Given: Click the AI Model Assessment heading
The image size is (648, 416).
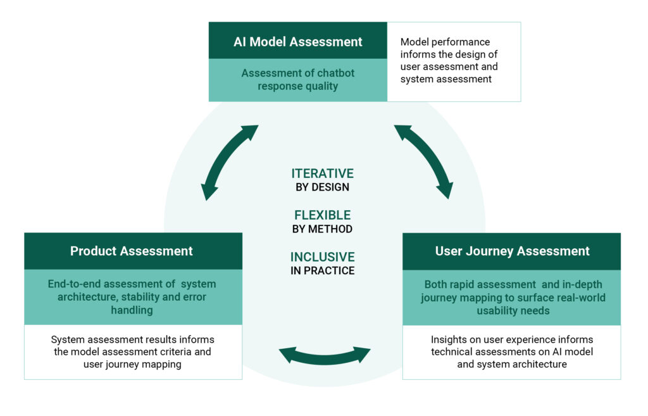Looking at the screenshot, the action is [x=297, y=42].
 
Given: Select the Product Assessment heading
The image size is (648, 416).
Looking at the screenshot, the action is [x=132, y=251].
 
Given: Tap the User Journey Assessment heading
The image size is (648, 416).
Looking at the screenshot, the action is [x=512, y=251].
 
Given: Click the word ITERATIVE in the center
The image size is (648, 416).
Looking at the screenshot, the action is [x=322, y=173].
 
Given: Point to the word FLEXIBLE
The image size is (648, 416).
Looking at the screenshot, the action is [x=322, y=215].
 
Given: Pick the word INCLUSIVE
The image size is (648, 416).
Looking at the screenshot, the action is [x=322, y=257].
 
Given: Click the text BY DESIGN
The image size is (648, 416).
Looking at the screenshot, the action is [x=322, y=187].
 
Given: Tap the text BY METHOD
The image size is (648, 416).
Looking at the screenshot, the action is [x=322, y=229].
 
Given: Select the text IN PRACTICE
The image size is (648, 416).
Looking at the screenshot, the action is [x=322, y=271].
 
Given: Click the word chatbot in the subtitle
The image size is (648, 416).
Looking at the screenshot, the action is [x=336, y=73].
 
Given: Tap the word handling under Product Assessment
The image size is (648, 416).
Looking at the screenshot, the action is [x=132, y=310].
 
